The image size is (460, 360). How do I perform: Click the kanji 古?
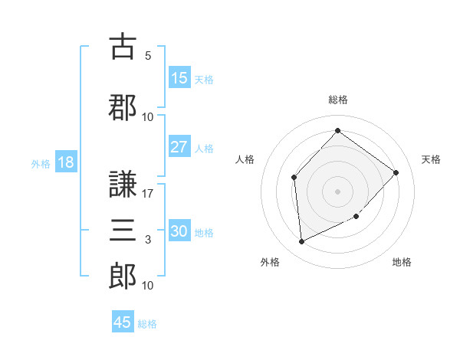point(123,47)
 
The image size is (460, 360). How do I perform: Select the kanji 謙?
point(123,185)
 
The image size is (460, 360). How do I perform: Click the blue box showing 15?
point(179,78)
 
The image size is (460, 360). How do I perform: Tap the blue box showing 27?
point(179,147)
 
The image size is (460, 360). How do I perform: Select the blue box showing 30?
point(179,231)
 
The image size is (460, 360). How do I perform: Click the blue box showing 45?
point(123,322)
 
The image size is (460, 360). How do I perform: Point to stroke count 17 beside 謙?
point(148,194)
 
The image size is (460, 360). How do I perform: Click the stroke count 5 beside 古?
point(148,56)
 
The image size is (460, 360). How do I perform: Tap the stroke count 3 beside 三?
point(148,240)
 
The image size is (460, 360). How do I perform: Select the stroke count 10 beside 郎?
point(148,286)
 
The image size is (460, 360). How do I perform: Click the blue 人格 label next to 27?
point(204,148)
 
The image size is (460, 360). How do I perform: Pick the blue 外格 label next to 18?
point(40,163)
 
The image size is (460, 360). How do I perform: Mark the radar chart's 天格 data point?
point(396,172)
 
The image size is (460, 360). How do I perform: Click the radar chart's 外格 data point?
point(301,242)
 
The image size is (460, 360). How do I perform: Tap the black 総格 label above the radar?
point(337,100)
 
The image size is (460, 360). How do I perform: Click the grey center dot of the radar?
point(337,191)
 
